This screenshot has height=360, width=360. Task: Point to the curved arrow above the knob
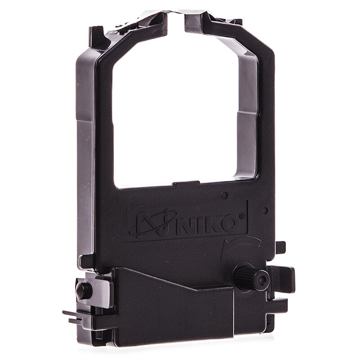point(241,244)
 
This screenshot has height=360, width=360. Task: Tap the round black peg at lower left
point(83,290)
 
